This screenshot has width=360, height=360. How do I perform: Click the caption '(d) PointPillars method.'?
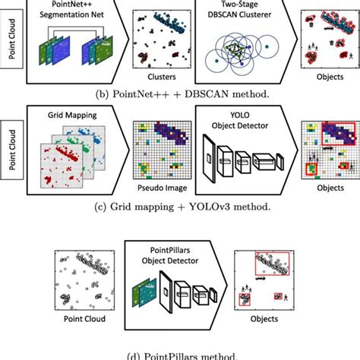pyautogui.click(x=180, y=353)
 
